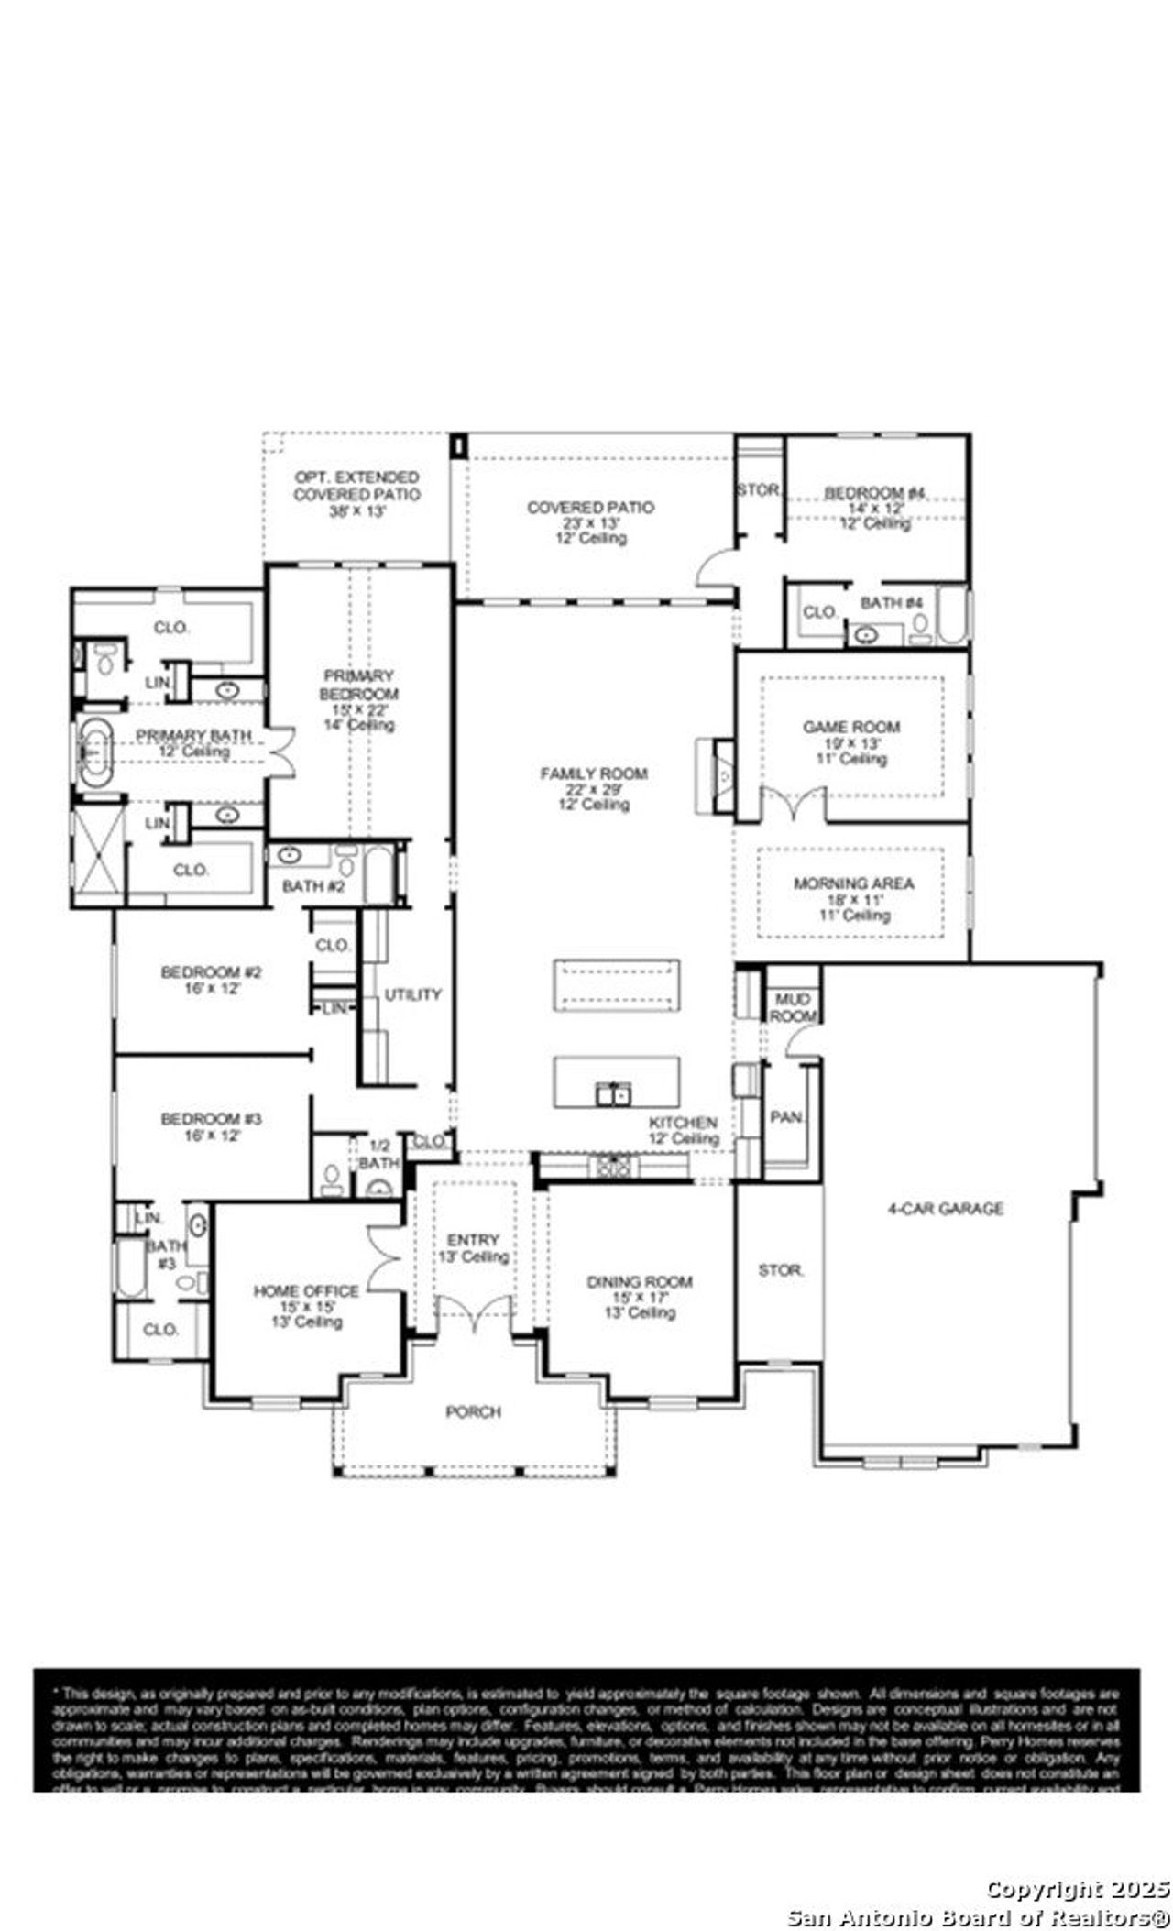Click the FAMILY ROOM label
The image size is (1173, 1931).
593,773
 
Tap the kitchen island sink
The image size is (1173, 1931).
613,1093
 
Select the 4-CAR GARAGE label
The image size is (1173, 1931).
946,1209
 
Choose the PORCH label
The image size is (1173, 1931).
473,1412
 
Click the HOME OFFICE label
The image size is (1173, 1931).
305,1291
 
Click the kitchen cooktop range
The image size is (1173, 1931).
613,1166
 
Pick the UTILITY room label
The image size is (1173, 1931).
412,994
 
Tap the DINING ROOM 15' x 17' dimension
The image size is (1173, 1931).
639,1298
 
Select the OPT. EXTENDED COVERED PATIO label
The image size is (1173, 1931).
356,486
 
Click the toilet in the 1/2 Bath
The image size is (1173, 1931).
332,1177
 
